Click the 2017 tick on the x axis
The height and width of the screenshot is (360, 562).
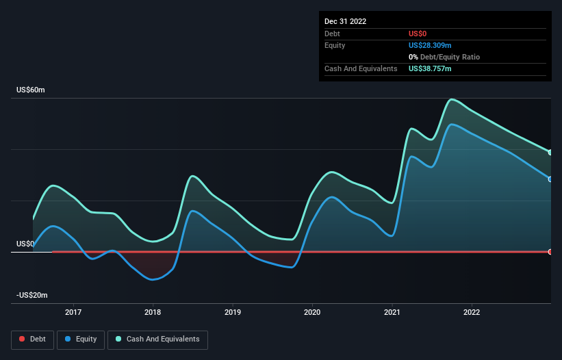pos(73,312)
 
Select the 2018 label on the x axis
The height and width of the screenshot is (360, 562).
pos(153,312)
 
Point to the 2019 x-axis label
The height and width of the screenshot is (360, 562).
pos(233,312)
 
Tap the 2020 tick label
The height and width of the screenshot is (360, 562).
pos(312,312)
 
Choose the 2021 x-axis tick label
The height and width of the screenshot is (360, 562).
pos(392,312)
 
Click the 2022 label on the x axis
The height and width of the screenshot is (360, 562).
pos(472,312)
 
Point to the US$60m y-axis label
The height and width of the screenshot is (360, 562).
pos(30,90)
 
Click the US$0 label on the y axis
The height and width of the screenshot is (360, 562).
pos(25,244)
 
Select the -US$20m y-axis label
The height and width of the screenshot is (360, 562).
pos(32,295)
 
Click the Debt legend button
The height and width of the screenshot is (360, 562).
pos(31,339)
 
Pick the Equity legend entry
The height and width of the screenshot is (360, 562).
pos(81,339)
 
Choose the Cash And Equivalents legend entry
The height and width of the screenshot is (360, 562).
pos(157,339)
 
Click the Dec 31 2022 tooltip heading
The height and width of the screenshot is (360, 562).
pos(345,21)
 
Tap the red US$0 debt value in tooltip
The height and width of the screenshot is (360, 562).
pos(418,34)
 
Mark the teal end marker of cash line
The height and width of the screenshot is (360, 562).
pos(550,152)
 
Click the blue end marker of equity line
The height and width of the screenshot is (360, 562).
pos(550,179)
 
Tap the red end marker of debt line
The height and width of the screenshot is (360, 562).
pos(550,252)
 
